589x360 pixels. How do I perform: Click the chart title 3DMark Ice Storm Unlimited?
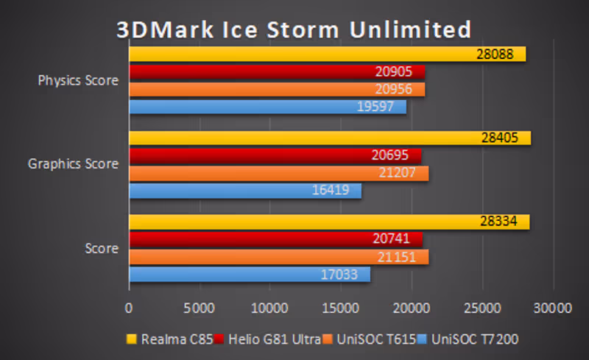pos(293,29)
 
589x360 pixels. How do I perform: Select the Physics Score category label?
pos(78,80)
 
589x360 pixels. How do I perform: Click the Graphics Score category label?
pos(73,164)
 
